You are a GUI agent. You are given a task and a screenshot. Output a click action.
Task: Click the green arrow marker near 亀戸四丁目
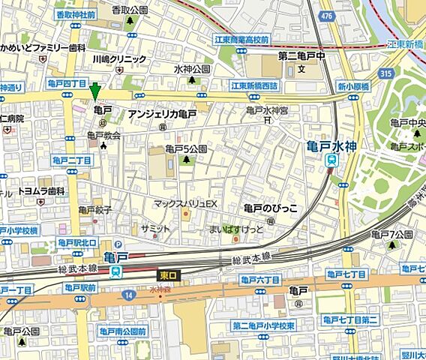(x=94, y=91)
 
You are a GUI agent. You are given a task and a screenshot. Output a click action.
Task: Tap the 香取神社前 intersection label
(x=76, y=14)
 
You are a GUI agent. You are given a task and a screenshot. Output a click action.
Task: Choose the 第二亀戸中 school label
(x=300, y=55)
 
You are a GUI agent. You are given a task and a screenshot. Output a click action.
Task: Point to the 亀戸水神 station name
(x=333, y=144)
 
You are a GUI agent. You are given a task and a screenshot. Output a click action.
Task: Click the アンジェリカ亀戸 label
(x=162, y=113)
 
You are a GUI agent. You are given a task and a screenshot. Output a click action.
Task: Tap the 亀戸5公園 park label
(x=185, y=148)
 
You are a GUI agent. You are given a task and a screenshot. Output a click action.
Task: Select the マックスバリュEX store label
(x=184, y=203)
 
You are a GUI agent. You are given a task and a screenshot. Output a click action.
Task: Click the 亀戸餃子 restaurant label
(x=95, y=210)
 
